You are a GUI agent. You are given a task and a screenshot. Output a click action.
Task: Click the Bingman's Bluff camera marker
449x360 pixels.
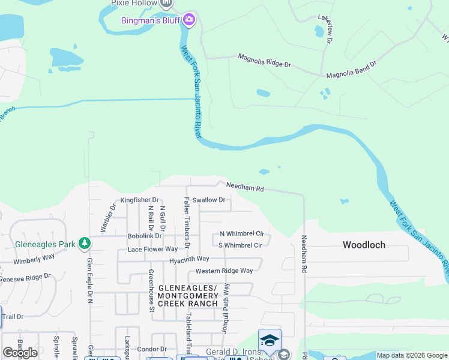tap(189, 20)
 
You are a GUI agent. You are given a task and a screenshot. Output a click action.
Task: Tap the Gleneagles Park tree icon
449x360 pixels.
tap(85, 244)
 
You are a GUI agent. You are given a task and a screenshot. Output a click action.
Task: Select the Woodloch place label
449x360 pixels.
tap(364, 245)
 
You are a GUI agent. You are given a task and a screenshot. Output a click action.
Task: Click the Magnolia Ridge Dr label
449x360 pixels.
tap(264, 60)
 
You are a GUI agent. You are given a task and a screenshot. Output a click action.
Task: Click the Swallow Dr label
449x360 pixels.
tap(208, 200)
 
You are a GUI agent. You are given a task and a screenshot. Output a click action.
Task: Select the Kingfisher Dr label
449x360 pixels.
tap(139, 200)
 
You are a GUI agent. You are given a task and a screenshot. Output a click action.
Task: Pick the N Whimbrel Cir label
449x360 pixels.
tap(242, 233)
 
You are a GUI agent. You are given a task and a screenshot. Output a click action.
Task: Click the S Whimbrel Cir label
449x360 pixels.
tap(240, 245)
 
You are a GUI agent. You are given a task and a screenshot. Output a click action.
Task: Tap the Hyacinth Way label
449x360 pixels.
tap(188, 259)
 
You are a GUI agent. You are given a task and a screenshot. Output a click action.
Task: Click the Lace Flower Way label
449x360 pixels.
tap(152, 248)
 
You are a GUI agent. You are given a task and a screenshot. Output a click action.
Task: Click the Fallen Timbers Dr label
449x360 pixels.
tap(187, 222)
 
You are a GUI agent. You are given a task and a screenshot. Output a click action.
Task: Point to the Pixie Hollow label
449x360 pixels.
tap(133, 3)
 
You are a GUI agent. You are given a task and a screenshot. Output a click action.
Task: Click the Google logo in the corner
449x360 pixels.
tap(20, 353)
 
